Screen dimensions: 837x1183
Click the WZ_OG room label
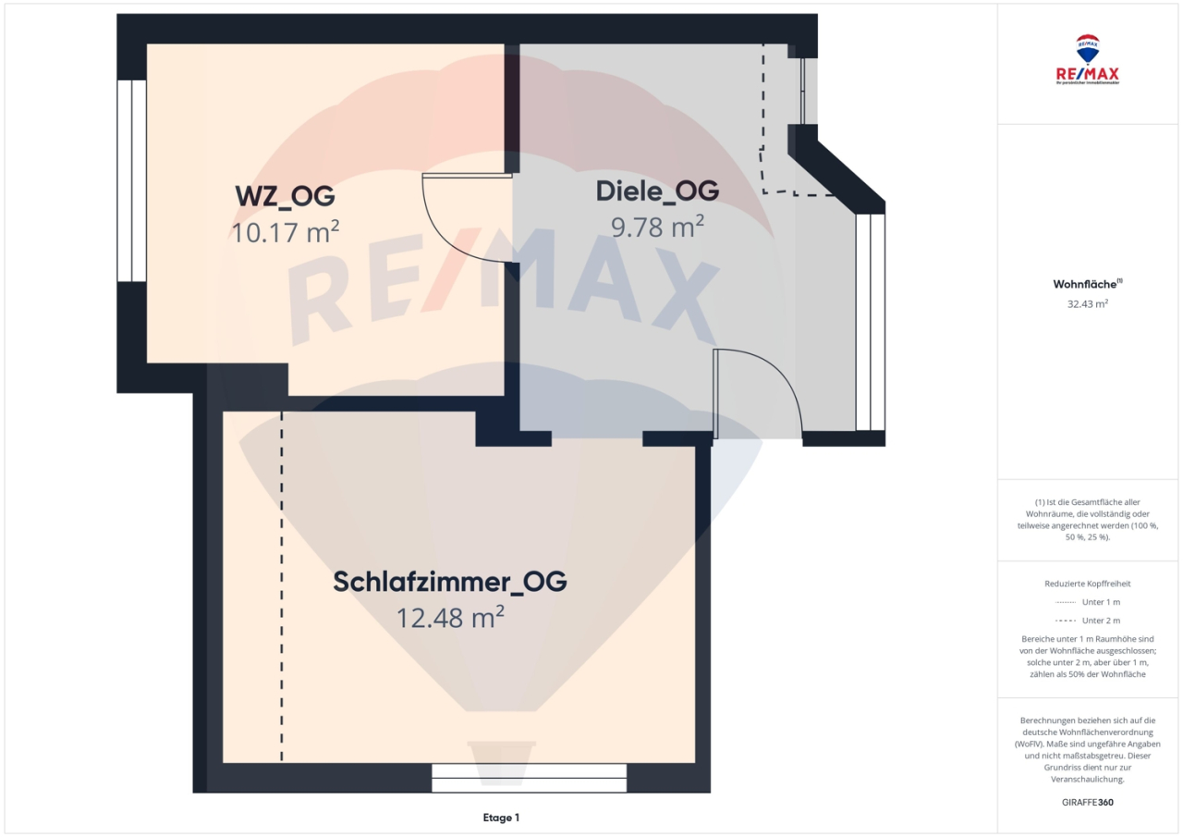click(x=284, y=197)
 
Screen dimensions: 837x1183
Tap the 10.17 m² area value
click(x=285, y=231)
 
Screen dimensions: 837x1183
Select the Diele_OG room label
click(x=657, y=191)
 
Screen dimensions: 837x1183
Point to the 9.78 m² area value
click(x=657, y=226)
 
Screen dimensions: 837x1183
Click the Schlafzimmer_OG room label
click(x=449, y=583)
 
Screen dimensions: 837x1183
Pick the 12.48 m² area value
click(x=450, y=617)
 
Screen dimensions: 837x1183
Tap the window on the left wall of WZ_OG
click(x=131, y=180)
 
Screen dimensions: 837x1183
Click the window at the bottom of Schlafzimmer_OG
click(x=529, y=778)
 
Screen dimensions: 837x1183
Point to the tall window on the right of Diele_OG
click(x=870, y=322)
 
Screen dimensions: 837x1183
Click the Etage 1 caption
click(x=501, y=818)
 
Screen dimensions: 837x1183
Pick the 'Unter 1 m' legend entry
click(x=1088, y=602)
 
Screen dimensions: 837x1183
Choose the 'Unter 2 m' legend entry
click(x=1088, y=621)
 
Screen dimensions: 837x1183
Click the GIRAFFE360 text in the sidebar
click(x=1088, y=802)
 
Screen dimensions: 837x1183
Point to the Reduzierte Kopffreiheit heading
click(x=1088, y=584)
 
